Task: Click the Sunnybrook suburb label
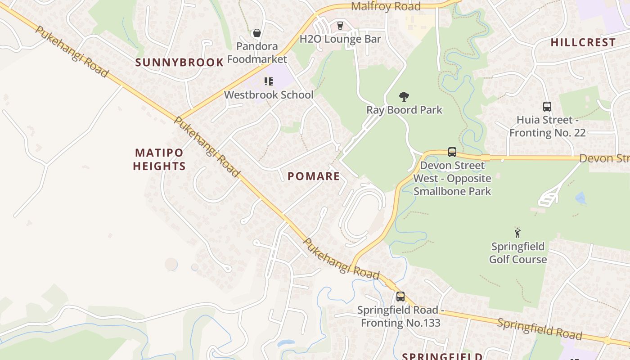click(180, 63)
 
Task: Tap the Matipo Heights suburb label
click(159, 159)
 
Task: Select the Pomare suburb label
click(314, 176)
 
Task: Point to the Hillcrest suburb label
click(583, 43)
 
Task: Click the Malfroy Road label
click(386, 6)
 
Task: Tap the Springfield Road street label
click(540, 329)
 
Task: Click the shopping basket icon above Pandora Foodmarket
click(257, 33)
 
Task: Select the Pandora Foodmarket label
click(257, 53)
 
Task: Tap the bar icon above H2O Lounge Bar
click(340, 26)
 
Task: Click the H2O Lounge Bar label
click(340, 39)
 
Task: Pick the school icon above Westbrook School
click(269, 81)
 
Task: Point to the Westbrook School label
click(269, 95)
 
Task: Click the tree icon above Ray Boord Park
click(404, 96)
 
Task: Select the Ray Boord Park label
click(404, 110)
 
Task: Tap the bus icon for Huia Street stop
click(547, 107)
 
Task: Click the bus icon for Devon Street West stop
click(452, 152)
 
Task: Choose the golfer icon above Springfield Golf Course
click(517, 233)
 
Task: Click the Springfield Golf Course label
click(518, 253)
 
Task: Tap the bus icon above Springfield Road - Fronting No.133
click(400, 297)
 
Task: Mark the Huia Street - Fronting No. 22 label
click(548, 126)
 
